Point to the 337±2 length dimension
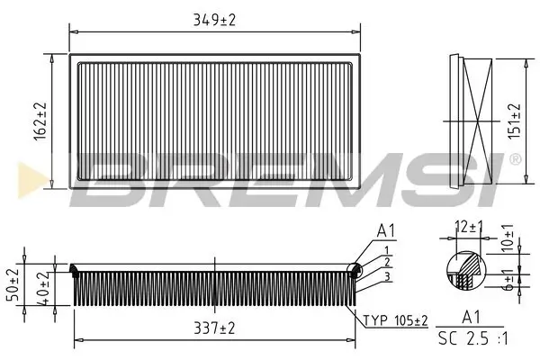click(x=214, y=329)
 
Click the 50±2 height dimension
click(x=12, y=283)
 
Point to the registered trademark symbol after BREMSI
click(x=514, y=160)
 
